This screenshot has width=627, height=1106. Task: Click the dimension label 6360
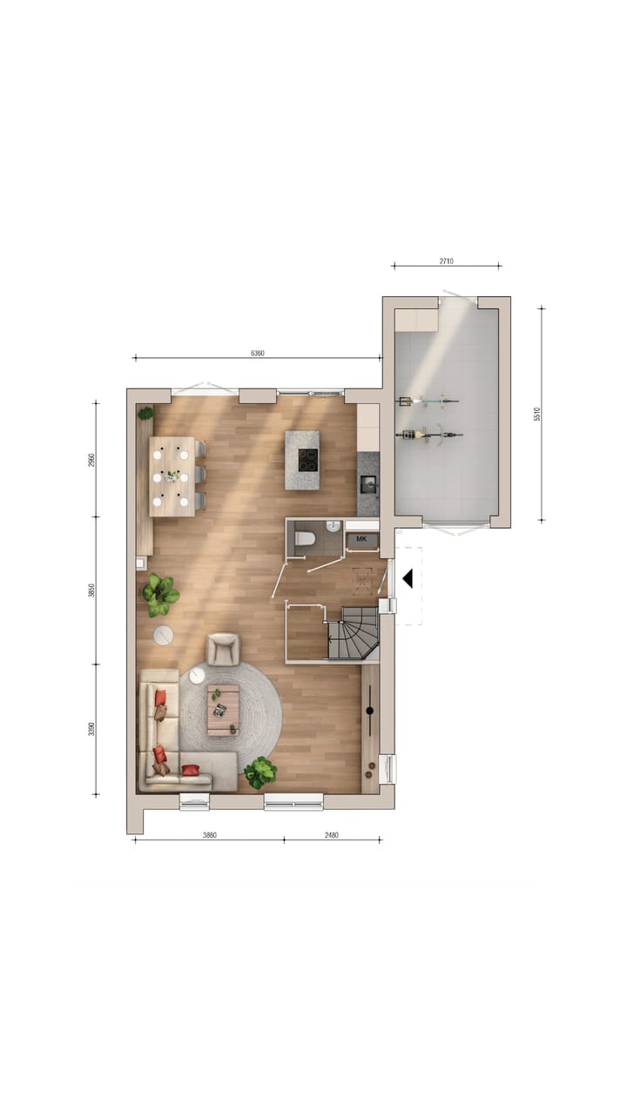[x=257, y=353]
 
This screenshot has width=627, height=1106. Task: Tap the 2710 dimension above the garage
[x=446, y=260]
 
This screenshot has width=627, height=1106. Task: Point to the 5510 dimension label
[x=536, y=415]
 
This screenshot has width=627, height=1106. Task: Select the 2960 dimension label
[x=91, y=459]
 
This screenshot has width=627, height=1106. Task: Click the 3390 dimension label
[x=91, y=729]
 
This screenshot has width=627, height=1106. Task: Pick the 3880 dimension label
[x=209, y=834]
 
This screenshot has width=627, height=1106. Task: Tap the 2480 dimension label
[x=332, y=834]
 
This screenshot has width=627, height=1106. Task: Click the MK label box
[x=362, y=540]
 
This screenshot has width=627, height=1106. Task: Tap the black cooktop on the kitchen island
[x=307, y=459]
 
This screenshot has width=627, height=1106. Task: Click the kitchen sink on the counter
[x=368, y=483]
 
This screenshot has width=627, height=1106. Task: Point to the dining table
[x=172, y=476]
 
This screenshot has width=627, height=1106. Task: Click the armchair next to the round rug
[x=223, y=649]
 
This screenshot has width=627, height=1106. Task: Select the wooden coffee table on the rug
[x=223, y=710]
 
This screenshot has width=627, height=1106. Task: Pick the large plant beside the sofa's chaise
[x=260, y=772]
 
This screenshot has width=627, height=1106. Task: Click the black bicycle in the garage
[x=429, y=434]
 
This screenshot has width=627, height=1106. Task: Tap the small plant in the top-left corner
[x=145, y=413]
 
